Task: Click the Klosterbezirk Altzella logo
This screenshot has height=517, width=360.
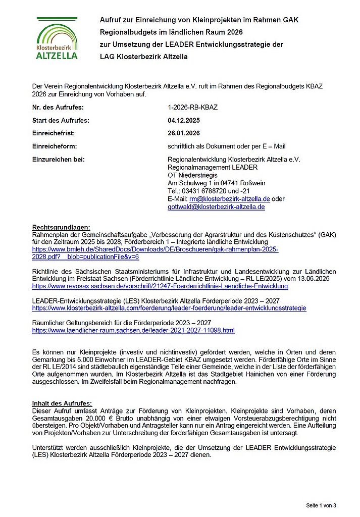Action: tap(57, 38)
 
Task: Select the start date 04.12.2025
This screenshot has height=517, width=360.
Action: tap(184, 121)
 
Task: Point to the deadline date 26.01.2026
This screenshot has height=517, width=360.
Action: tap(184, 133)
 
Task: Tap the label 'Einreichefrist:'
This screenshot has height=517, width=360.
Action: tap(53, 133)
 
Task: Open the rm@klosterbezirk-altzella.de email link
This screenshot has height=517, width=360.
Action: tap(230, 199)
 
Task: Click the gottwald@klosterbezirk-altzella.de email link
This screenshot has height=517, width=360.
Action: tap(216, 207)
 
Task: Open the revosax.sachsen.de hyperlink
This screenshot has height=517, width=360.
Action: tap(160, 286)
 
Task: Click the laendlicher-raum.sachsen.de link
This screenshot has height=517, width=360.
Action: tap(133, 331)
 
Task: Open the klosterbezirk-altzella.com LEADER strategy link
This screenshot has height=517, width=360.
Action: tap(169, 308)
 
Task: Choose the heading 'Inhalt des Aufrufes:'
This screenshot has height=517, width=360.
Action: tap(62, 403)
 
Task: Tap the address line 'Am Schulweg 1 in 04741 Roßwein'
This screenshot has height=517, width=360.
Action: tap(217, 183)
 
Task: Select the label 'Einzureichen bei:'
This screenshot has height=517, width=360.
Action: tap(58, 160)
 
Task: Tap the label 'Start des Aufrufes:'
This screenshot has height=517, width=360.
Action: tap(61, 121)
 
